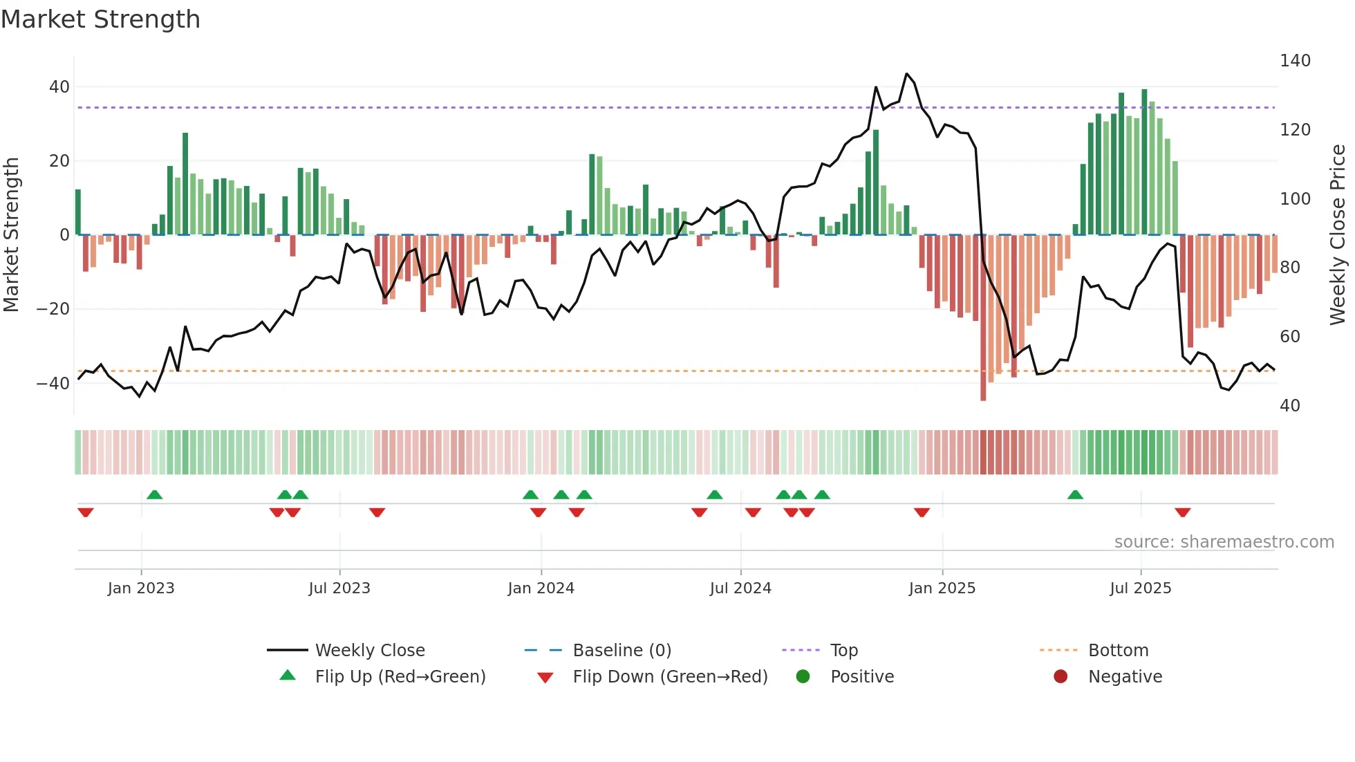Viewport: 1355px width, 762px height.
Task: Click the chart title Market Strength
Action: click(x=100, y=19)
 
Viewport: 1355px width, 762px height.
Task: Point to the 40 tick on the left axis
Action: click(x=59, y=87)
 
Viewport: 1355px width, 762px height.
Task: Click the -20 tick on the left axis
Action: click(x=53, y=309)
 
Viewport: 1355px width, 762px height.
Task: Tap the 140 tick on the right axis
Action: click(x=1295, y=61)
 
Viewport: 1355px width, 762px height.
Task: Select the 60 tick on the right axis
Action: click(x=1290, y=337)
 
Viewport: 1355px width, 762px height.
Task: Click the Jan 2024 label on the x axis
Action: click(x=541, y=588)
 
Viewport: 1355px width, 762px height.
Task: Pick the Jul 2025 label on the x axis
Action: click(x=1141, y=588)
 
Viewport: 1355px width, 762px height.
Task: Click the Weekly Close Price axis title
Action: click(x=1338, y=235)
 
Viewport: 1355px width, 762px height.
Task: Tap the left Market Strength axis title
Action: click(x=11, y=235)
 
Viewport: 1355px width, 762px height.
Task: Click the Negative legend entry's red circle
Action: click(x=1060, y=677)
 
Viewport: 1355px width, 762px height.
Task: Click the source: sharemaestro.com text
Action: click(x=1224, y=542)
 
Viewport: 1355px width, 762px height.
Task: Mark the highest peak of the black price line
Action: click(x=906, y=74)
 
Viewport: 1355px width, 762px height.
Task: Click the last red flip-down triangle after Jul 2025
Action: click(x=1182, y=512)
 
